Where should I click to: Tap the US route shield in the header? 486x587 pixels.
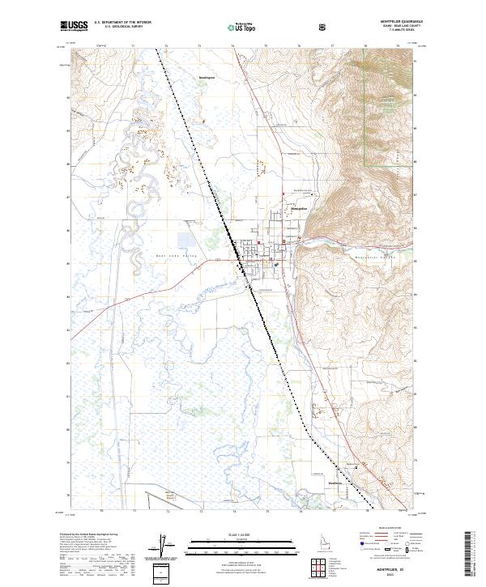323,27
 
